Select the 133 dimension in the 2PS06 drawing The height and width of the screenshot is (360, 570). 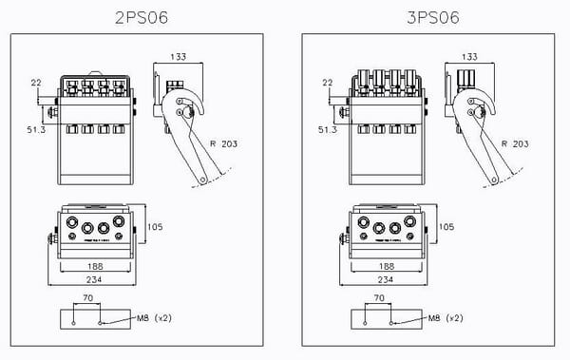coord(177,57)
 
